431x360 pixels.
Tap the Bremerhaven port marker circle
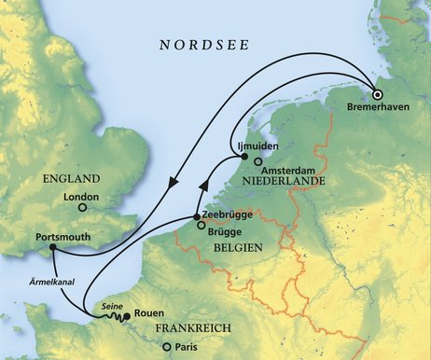point(378,94)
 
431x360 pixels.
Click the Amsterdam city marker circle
point(257,161)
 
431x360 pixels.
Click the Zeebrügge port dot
point(197,217)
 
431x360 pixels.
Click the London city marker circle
point(81,207)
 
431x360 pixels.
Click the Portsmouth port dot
point(51,248)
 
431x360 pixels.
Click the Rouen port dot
point(126,316)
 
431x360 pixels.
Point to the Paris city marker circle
point(167,349)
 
